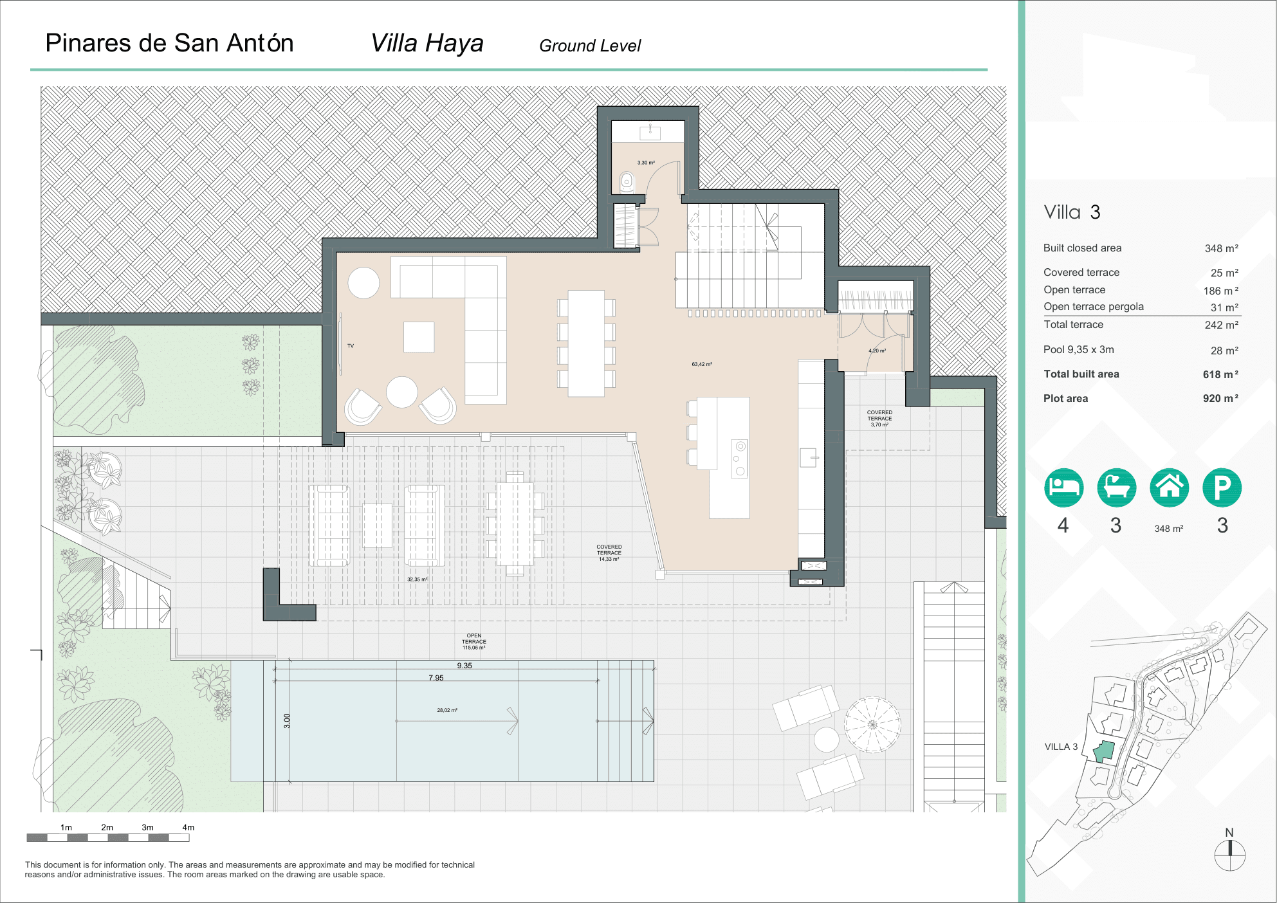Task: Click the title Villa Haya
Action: [x=427, y=44]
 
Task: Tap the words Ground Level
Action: [x=589, y=46]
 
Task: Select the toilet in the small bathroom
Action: [x=627, y=182]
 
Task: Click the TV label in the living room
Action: [x=351, y=346]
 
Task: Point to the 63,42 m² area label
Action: [x=701, y=364]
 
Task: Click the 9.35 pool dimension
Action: [x=464, y=666]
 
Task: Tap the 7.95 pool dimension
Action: [x=436, y=678]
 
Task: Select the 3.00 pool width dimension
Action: [x=288, y=721]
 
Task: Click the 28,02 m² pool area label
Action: [x=447, y=710]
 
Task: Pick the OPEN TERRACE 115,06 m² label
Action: [x=474, y=641]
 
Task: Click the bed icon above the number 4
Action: [x=1063, y=488]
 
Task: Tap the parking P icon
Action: [x=1222, y=488]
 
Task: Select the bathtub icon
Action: [x=1116, y=488]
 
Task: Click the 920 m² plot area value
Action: [x=1220, y=398]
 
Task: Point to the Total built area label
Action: [x=1081, y=374]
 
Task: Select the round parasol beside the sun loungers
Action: [x=872, y=724]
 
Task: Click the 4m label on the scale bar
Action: [x=188, y=827]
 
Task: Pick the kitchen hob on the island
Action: [x=740, y=458]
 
